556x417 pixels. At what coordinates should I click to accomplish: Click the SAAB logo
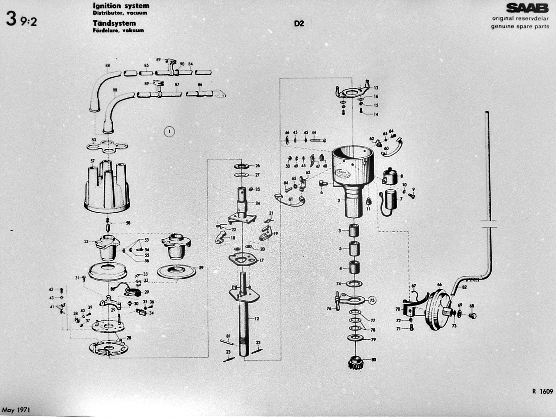(x=527, y=8)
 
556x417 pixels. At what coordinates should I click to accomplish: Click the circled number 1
(x=169, y=131)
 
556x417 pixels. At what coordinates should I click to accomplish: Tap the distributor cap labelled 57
(x=107, y=187)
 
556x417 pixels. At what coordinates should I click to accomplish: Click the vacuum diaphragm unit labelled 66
(x=438, y=311)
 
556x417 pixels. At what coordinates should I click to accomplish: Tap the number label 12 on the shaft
(x=257, y=319)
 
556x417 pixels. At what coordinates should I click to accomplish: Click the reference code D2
(x=299, y=24)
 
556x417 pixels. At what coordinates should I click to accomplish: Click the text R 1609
(x=542, y=391)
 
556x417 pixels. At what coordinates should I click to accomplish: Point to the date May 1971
(x=16, y=410)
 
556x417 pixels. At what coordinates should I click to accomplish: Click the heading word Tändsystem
(x=114, y=23)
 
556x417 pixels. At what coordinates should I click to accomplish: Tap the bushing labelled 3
(x=354, y=231)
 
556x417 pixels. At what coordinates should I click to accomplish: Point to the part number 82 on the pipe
(x=464, y=287)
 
